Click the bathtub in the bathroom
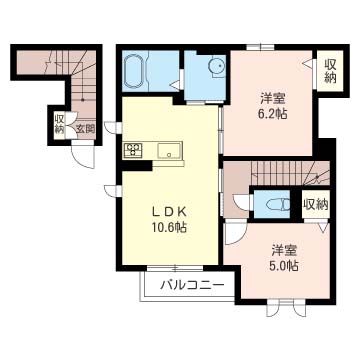click(134, 71)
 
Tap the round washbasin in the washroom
click(216, 66)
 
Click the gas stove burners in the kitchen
click(134, 149)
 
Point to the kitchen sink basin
click(169, 151)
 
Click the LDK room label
click(167, 211)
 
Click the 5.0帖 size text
click(284, 265)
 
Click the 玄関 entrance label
click(86, 128)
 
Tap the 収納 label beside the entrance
click(60, 123)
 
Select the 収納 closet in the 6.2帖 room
click(330, 71)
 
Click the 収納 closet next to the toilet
click(316, 204)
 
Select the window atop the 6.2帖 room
click(261, 47)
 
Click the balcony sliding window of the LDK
click(175, 267)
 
